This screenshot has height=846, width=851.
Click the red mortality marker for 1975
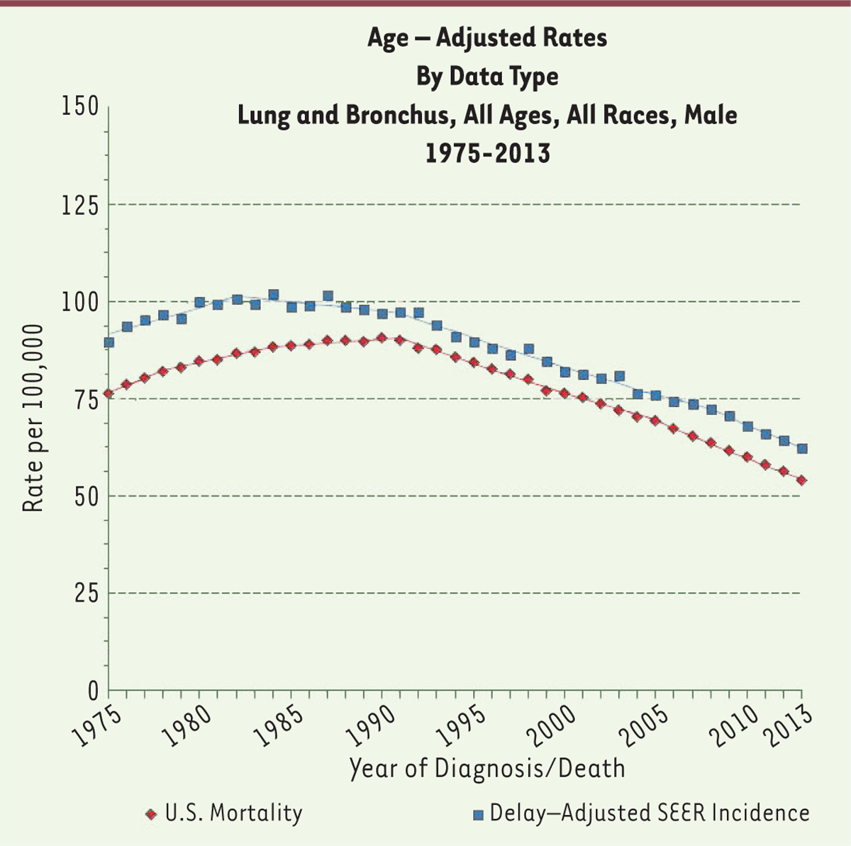(x=109, y=394)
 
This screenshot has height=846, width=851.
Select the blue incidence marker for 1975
(x=109, y=343)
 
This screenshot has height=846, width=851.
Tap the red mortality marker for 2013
(x=801, y=480)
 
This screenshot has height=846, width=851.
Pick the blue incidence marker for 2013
(x=801, y=448)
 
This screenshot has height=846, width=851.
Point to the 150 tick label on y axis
(x=79, y=108)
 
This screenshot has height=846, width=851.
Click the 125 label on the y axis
(x=79, y=205)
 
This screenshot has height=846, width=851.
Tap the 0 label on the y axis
(x=93, y=690)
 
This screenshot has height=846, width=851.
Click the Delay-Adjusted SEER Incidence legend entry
(x=650, y=813)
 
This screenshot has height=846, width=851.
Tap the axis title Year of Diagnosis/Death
(x=487, y=769)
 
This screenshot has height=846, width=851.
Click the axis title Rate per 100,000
(x=34, y=418)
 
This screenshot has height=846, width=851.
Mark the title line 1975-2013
(x=487, y=152)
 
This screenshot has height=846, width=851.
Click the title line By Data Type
(x=487, y=77)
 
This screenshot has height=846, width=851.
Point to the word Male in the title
(x=710, y=115)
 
